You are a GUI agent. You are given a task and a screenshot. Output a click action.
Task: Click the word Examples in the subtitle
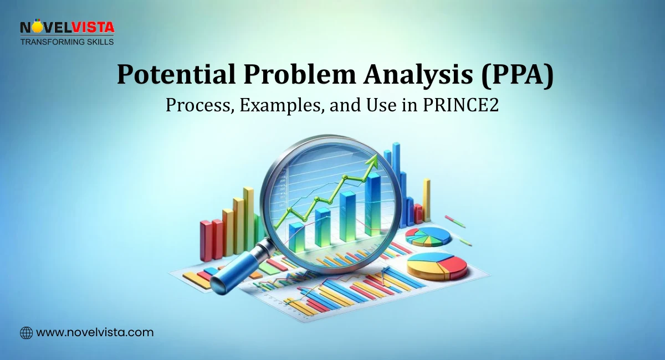pos(283,105)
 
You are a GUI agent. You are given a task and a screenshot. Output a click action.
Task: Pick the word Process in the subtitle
pos(199,105)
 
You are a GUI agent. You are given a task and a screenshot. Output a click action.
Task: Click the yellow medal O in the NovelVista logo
pos(37,27)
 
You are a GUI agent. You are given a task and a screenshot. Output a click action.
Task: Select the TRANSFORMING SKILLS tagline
pos(67,42)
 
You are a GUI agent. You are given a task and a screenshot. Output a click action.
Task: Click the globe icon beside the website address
pos(26,333)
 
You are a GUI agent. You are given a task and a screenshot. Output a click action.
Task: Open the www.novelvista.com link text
pos(95,333)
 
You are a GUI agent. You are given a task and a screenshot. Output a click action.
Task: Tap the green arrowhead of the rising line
pos(372,161)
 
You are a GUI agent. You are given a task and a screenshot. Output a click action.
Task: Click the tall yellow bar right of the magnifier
pos(426,199)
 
